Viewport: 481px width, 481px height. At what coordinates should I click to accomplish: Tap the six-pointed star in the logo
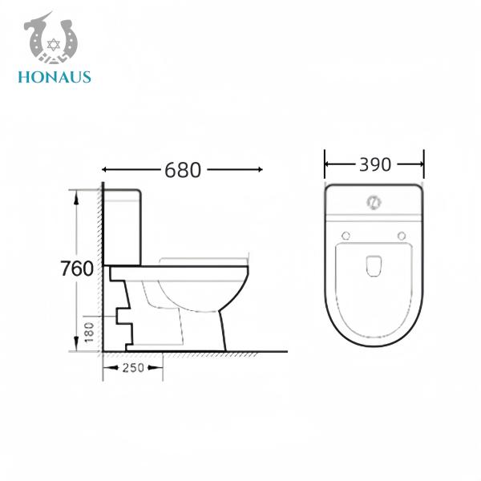tap(55, 41)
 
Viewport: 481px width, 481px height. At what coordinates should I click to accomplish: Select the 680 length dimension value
tap(184, 170)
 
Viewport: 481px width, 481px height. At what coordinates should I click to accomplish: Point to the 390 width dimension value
tap(374, 164)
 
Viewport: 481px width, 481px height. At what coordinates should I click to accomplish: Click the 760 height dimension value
tap(77, 269)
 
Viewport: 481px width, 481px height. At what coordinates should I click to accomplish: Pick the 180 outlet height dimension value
tap(89, 329)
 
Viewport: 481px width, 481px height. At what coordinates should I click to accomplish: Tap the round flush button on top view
tap(374, 201)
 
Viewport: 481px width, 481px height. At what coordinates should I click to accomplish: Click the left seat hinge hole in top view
tap(346, 235)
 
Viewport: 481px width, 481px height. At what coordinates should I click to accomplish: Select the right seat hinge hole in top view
tap(401, 235)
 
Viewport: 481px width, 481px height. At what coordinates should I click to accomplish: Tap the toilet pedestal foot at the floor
tap(214, 346)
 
